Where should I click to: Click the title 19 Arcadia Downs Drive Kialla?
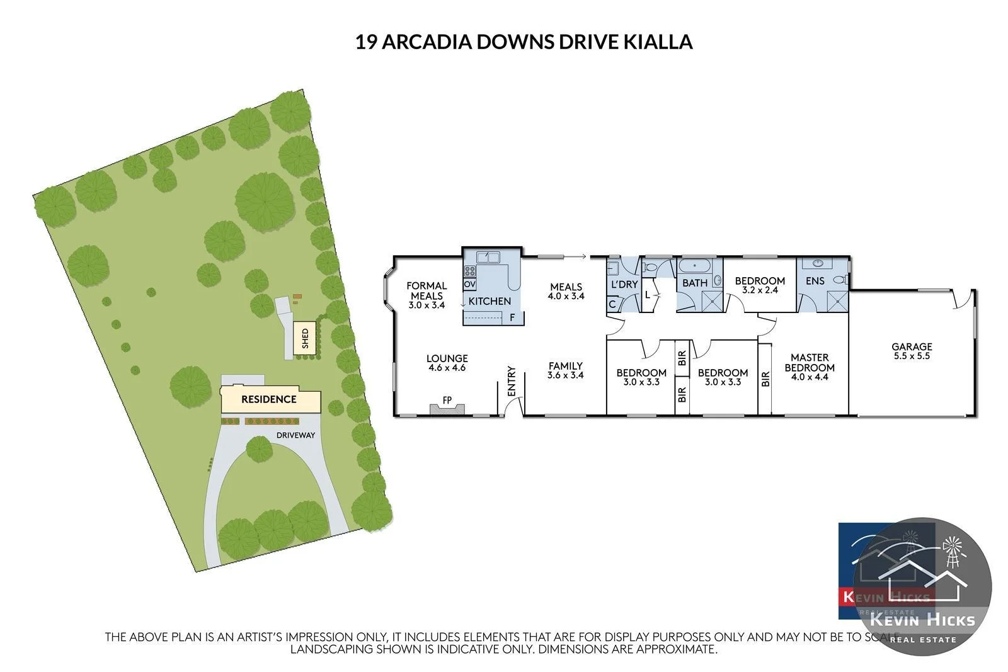524,42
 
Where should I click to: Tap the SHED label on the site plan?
306,339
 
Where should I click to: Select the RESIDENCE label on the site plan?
268,399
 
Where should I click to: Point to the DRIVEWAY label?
295,435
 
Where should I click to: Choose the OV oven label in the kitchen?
469,285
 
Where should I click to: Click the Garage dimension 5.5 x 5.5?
911,356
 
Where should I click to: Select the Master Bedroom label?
810,362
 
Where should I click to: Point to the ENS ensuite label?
815,281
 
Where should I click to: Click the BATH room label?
695,283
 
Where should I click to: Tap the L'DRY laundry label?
624,285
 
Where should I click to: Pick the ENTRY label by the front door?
512,381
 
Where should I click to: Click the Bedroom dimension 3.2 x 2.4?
760,290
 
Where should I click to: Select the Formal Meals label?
427,290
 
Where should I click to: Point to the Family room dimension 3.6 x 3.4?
565,375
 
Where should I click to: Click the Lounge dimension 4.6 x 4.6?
447,368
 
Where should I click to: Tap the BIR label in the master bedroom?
766,379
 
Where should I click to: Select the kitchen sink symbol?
488,257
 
